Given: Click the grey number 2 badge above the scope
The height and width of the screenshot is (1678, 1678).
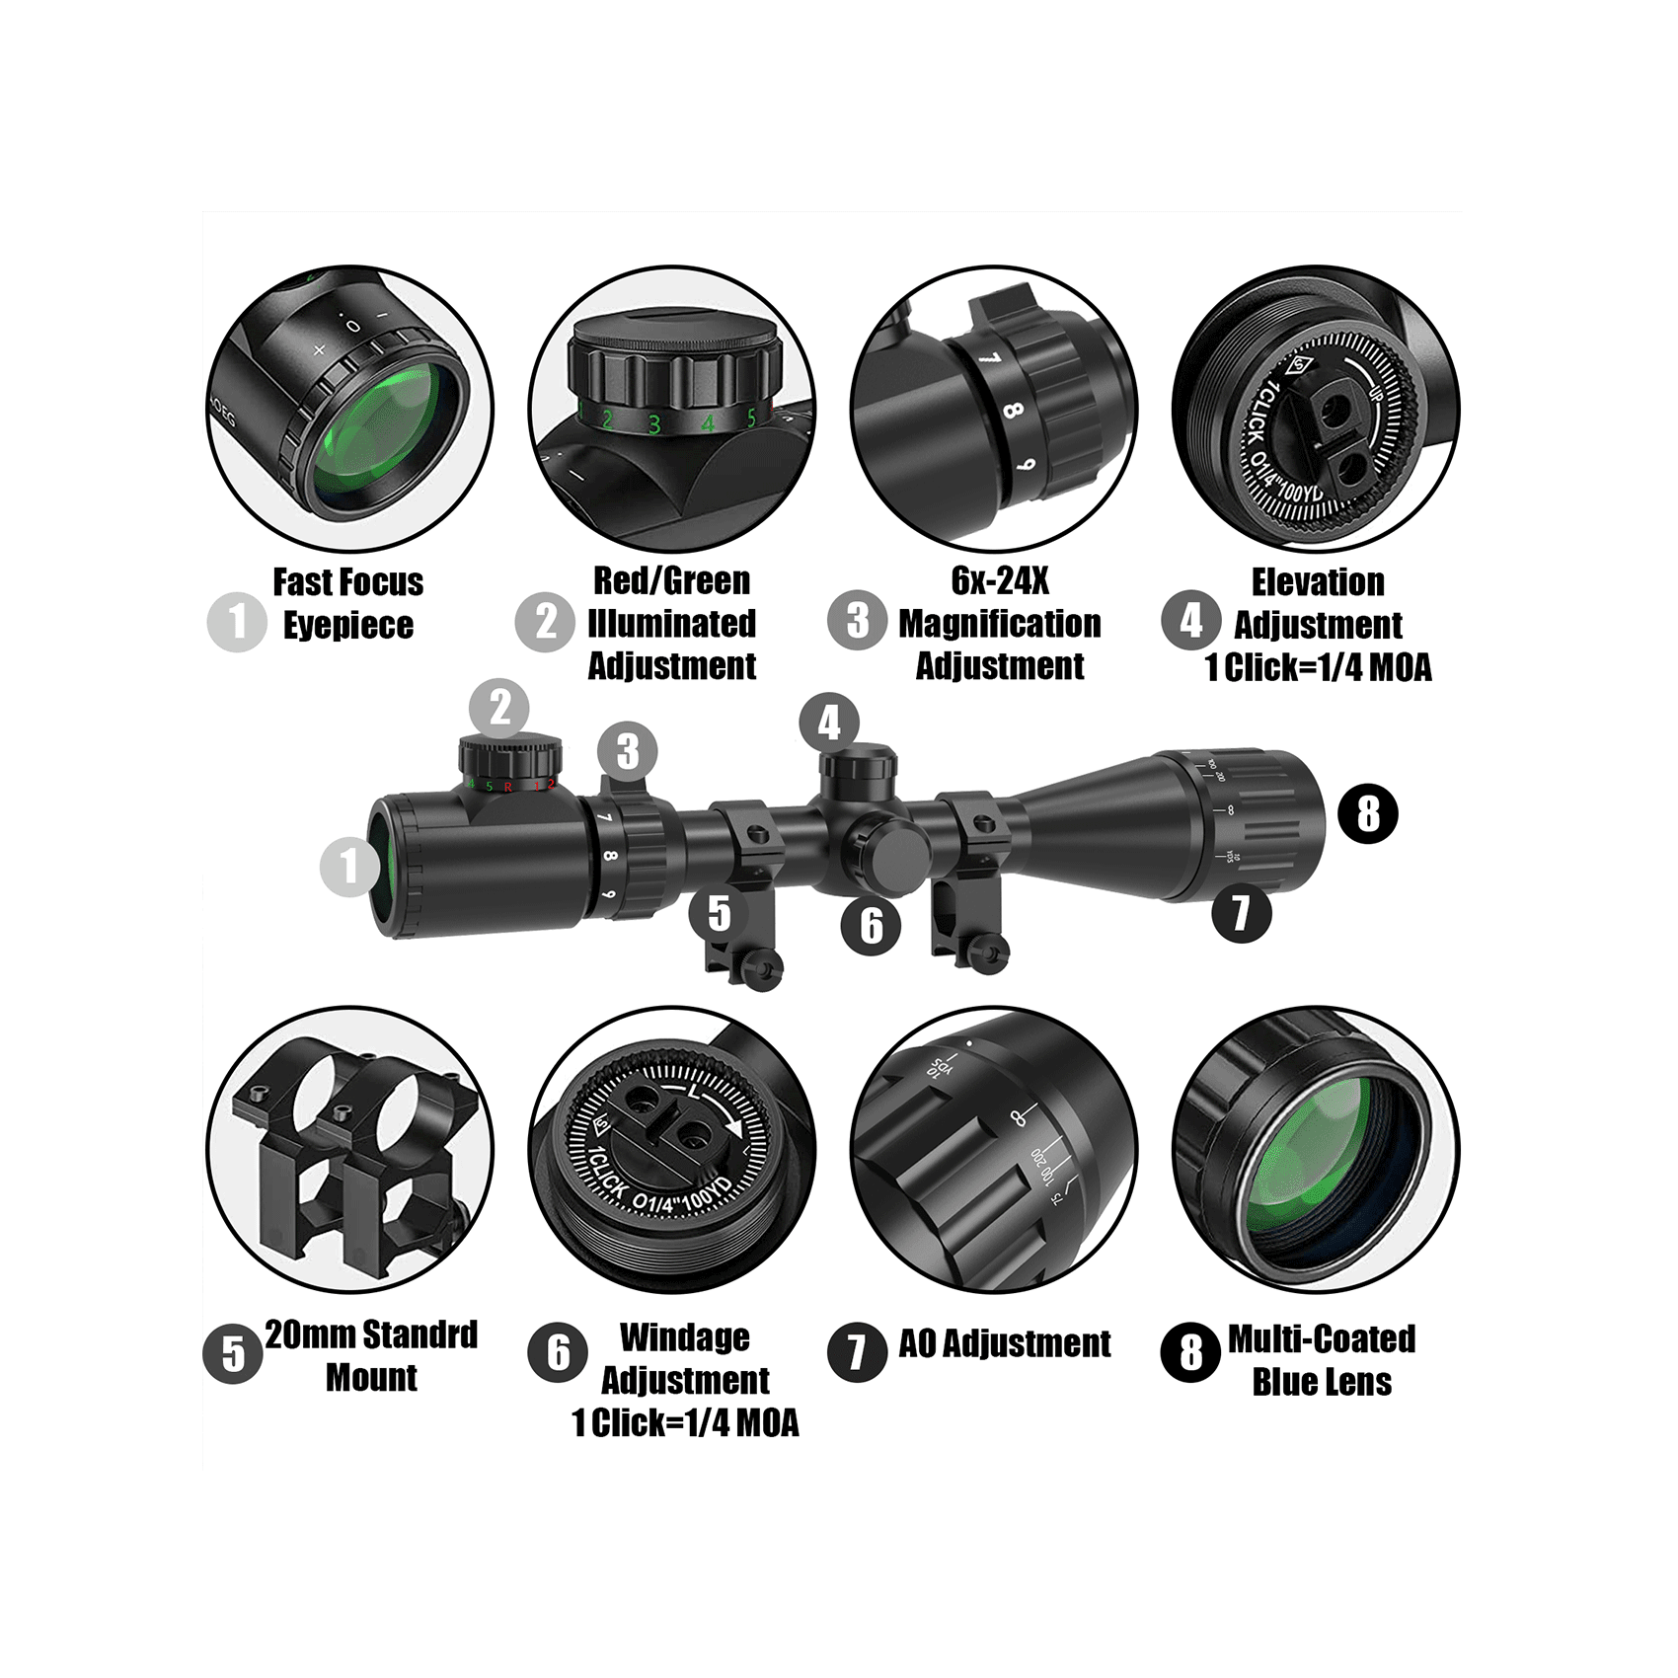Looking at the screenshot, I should pos(499,708).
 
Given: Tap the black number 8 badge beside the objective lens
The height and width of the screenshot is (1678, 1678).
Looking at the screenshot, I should pos(1368,813).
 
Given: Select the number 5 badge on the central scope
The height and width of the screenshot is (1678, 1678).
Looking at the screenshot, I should pos(720,913).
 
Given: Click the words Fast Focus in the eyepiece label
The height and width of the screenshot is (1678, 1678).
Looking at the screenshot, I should pos(347,582).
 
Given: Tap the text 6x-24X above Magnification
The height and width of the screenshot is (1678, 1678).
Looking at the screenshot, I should pos(999,580).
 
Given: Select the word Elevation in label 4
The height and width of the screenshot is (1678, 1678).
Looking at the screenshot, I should pos(1318,582).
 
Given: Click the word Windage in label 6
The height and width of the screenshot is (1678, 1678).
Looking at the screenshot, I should pos(685,1337).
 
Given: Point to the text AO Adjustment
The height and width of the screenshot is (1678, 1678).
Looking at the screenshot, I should pos(1004,1343).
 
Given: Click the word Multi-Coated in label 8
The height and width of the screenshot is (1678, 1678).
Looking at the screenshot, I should pos(1322,1338).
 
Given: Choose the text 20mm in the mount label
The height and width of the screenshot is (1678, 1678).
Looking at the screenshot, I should pos(302,1335).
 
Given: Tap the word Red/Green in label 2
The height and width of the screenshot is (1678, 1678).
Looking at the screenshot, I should pos(671,580).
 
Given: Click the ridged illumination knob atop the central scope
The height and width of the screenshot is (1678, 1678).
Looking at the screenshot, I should pos(509,758).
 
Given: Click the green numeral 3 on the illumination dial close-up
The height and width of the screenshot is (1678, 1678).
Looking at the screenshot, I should pos(653,424).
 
